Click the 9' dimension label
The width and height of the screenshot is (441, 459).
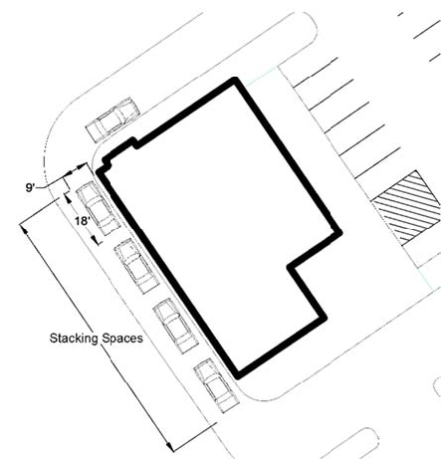pos(30,187)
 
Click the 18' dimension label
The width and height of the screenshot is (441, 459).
pos(83,221)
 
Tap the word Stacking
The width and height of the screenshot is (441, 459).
pos(74,339)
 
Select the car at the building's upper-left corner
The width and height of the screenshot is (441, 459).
pos(112,119)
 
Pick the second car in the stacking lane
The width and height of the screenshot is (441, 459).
pos(135,266)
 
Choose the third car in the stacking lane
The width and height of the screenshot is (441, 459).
pos(174,326)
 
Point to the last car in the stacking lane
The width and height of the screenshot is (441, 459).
pos(216,385)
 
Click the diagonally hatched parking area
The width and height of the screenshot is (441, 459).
pos(407,208)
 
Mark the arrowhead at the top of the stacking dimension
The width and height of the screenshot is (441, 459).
pos(23,229)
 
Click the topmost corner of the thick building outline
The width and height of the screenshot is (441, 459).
pos(235,80)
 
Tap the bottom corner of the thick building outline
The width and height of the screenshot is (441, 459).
pos(237,376)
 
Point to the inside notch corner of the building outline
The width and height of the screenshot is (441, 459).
pos(290,266)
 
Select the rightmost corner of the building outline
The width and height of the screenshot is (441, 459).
pos(339,232)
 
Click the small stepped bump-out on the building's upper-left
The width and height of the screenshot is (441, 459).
pos(118,151)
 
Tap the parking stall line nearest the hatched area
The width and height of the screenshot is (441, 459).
pos(377,163)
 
